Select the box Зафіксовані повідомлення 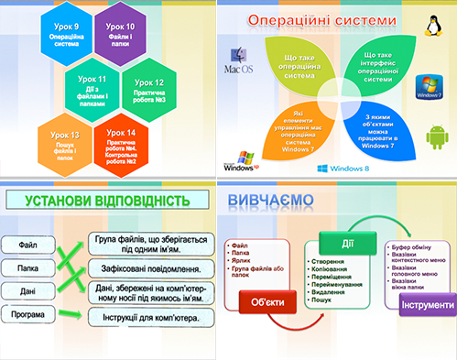151,270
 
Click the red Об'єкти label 267,302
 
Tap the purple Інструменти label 426,305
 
